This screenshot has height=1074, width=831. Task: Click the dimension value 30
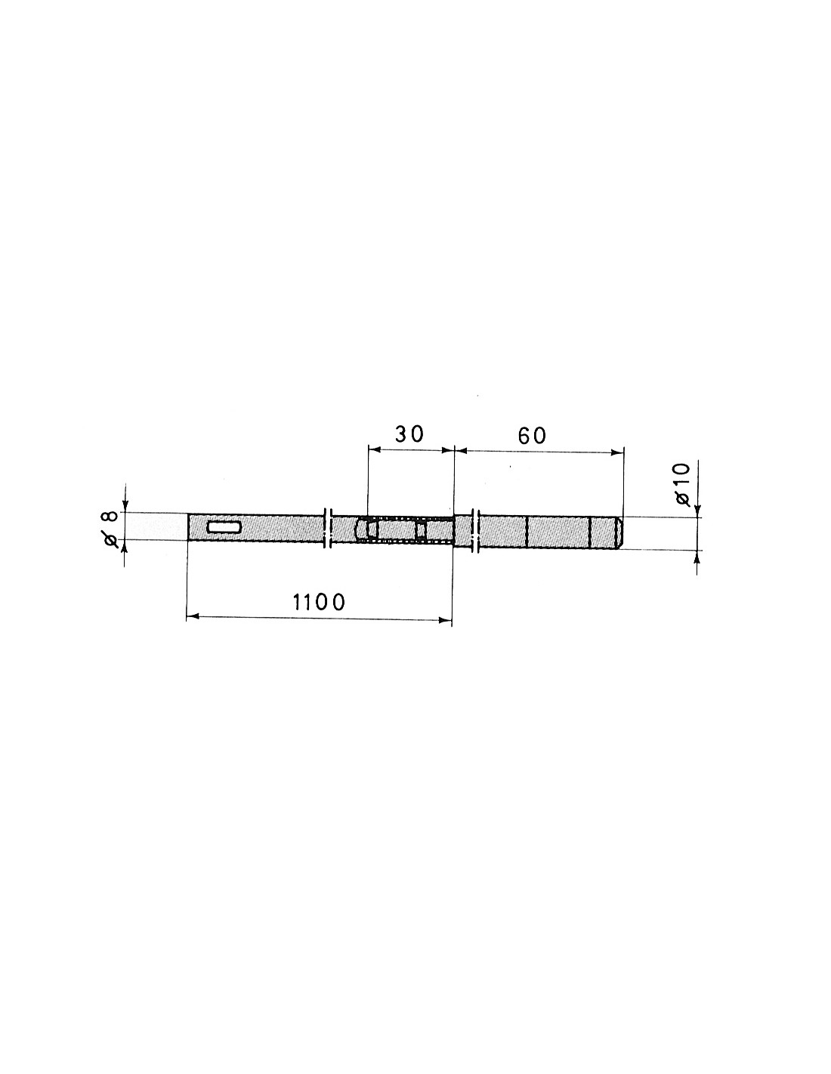[409, 434]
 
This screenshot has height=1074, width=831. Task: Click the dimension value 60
[532, 436]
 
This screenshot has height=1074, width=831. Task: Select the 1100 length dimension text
[319, 602]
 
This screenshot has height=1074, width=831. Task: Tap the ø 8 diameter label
[111, 529]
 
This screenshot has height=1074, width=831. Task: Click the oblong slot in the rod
[224, 527]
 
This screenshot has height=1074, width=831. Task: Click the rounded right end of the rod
[619, 532]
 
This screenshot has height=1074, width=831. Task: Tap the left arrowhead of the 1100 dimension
[193, 616]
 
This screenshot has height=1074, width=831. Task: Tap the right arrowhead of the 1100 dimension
[446, 620]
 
